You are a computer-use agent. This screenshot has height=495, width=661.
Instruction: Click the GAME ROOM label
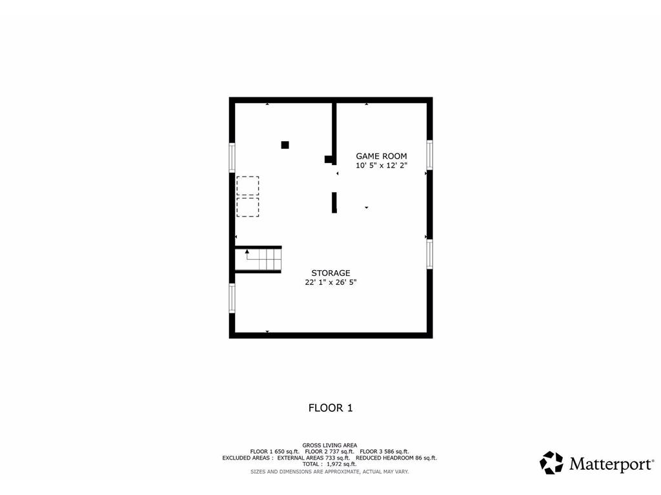(381, 156)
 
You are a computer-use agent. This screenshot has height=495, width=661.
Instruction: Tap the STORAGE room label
(330, 273)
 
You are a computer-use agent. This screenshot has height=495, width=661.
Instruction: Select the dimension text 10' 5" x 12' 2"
(381, 166)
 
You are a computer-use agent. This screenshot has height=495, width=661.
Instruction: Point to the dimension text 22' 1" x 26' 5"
(330, 282)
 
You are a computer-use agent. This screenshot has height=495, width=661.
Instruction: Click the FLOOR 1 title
(330, 407)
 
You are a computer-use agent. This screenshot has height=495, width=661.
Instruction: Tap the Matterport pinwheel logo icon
(551, 463)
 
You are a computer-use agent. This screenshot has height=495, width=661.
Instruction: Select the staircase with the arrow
(258, 260)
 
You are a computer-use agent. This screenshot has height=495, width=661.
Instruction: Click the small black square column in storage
(285, 145)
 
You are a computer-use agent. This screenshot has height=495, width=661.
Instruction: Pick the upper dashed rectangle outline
(247, 186)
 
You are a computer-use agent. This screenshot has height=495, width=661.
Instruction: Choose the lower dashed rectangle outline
(247, 207)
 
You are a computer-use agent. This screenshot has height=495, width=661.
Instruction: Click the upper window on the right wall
(429, 155)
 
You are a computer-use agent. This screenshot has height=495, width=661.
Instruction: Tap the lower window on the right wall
(429, 254)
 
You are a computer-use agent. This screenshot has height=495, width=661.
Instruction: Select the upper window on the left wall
(232, 157)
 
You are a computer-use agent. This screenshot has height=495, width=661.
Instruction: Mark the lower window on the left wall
(232, 298)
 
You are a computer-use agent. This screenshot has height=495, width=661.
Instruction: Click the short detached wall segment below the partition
(334, 202)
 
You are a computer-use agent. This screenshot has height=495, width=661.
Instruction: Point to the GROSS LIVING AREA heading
(329, 445)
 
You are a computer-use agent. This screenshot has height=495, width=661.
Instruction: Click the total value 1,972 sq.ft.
(341, 464)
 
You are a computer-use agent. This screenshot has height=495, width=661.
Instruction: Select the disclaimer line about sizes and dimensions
(329, 472)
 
